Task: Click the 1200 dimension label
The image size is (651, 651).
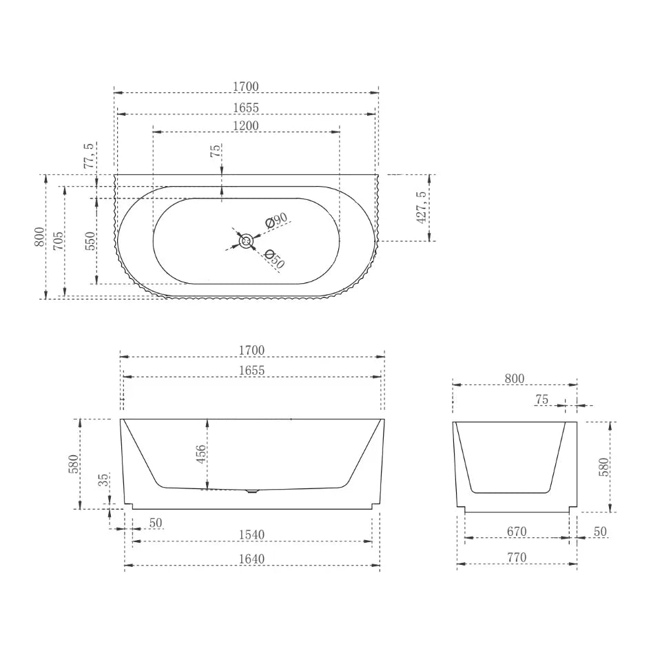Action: (x=246, y=125)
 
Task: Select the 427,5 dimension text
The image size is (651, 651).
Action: (x=422, y=207)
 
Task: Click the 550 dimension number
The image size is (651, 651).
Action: (x=90, y=241)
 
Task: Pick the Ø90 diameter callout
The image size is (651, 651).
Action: (x=276, y=220)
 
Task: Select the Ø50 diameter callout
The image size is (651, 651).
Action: (x=274, y=259)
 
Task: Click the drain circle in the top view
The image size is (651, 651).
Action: (x=246, y=241)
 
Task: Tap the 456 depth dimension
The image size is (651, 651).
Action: (x=200, y=454)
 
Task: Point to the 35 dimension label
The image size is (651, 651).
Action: (x=104, y=479)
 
